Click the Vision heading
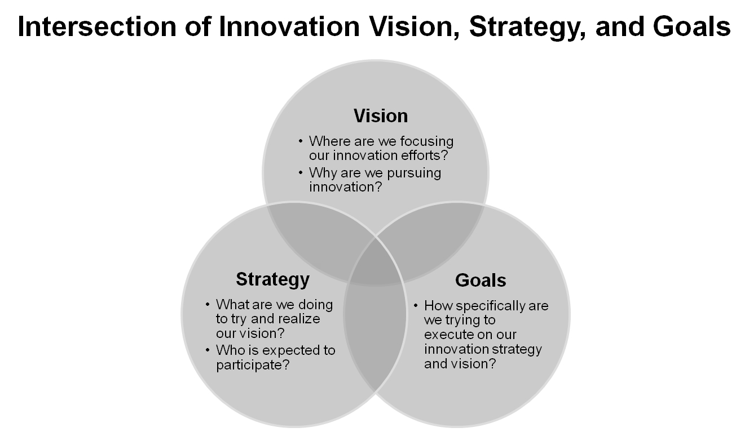coord(381,115)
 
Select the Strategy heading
coord(272,279)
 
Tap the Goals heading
coord(481,280)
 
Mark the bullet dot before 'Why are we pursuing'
coord(301,172)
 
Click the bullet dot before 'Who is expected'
coord(209,350)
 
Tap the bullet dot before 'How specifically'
coord(416,306)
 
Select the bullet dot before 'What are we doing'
coord(209,305)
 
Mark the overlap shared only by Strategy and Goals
coord(376,338)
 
